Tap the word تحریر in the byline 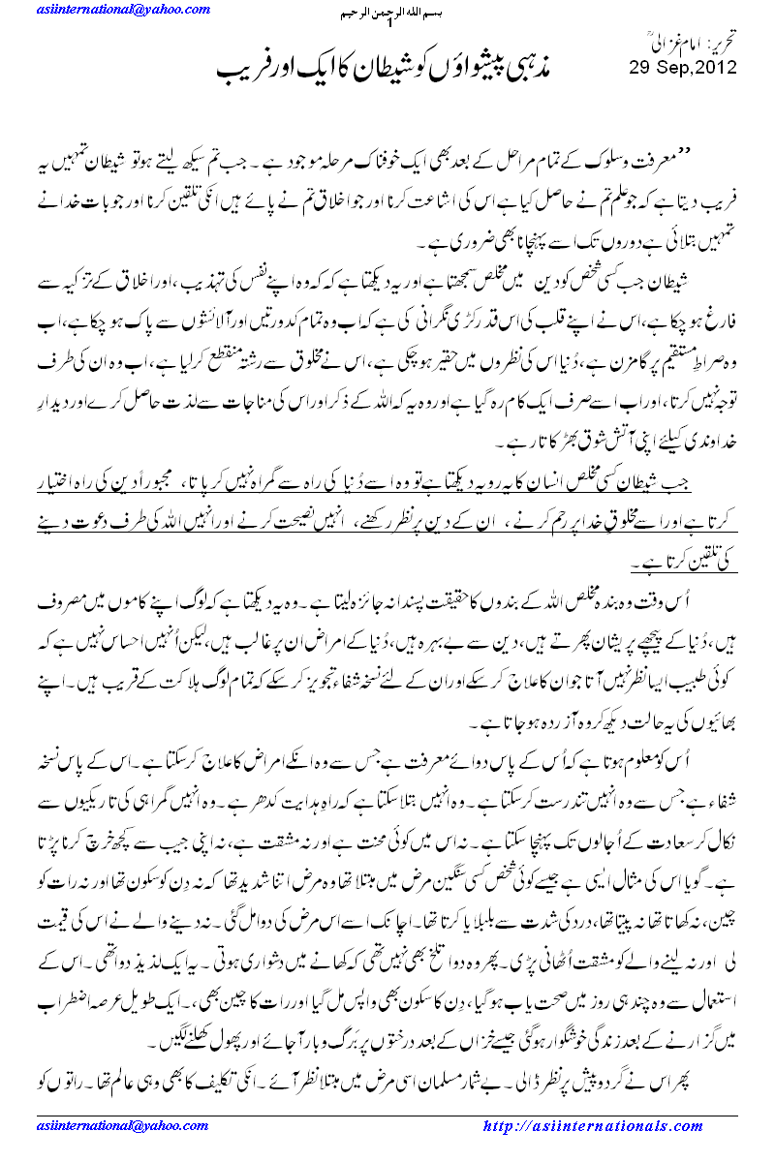(x=718, y=42)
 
